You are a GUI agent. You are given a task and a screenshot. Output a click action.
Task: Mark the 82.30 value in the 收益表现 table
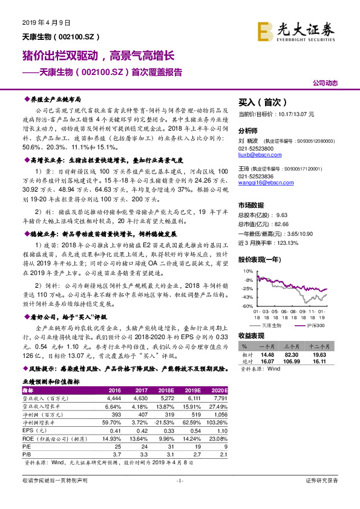(293, 355)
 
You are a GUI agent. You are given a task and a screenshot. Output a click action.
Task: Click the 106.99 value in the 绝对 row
(293, 361)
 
